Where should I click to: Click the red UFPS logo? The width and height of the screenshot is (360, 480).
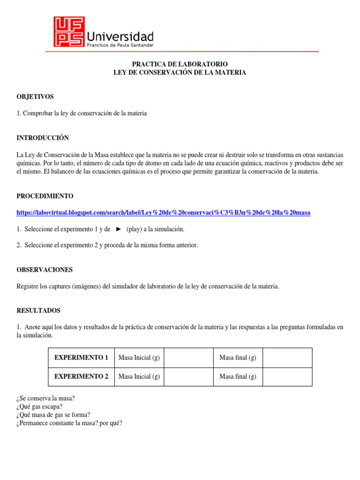point(69,32)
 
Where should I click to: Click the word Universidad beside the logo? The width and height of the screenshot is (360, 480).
point(120,36)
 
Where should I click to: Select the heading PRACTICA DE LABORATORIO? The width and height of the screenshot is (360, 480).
point(180,64)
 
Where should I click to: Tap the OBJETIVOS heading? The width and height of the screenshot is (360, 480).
point(35,97)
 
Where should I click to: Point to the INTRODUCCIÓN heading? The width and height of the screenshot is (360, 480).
point(43,138)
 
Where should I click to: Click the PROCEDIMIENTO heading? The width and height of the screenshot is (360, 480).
point(45,195)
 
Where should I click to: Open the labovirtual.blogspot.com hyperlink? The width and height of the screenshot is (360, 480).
point(163,213)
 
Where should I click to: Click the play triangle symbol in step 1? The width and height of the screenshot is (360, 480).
point(119,229)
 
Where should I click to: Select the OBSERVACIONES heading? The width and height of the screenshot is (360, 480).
point(45,270)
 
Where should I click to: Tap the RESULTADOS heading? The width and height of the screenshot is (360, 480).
point(38,310)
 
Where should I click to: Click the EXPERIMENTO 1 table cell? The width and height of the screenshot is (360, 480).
point(81,358)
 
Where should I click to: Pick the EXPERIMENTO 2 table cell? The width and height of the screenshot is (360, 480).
point(81,376)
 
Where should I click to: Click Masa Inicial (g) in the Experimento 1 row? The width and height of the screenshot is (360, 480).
point(139,358)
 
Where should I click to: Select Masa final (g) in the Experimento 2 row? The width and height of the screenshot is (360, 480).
point(238,376)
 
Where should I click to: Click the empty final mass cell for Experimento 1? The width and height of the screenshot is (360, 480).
point(287,358)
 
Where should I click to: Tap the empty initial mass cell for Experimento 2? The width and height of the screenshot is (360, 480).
point(188,376)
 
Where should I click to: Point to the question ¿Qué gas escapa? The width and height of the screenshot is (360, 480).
point(39,406)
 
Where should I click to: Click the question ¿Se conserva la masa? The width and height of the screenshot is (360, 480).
point(45,398)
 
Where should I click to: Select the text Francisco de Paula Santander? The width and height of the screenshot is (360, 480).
point(120,45)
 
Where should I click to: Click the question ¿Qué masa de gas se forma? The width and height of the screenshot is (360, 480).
point(53,415)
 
